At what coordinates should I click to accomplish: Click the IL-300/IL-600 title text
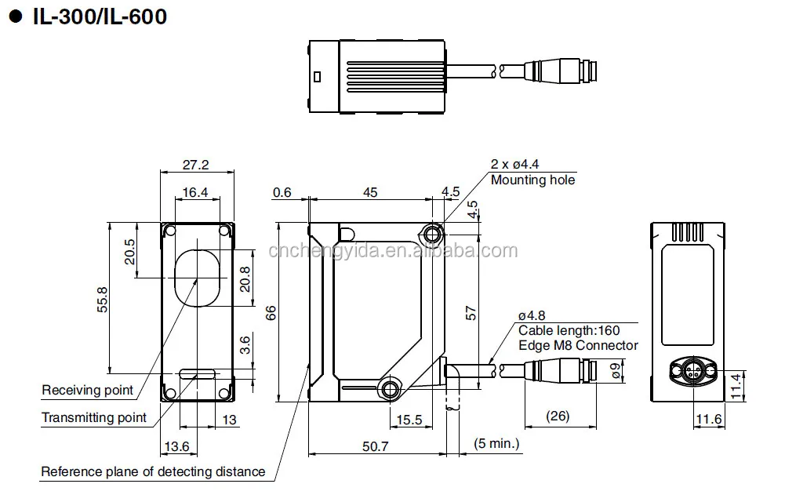(99, 16)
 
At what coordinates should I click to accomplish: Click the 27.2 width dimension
(195, 166)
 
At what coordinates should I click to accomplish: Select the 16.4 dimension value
(195, 192)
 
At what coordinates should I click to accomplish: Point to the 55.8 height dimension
(102, 299)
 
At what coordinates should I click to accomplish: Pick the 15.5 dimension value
(409, 420)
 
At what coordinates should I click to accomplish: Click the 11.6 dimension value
(708, 420)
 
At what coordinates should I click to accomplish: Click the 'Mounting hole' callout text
(532, 180)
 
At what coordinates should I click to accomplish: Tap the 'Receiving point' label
(87, 390)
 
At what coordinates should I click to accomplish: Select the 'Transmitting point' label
(94, 417)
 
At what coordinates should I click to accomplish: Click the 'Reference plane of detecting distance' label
(153, 471)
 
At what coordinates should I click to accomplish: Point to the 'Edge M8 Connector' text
(578, 345)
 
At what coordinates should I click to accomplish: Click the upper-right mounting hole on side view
(431, 232)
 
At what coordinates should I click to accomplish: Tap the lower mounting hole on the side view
(390, 387)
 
